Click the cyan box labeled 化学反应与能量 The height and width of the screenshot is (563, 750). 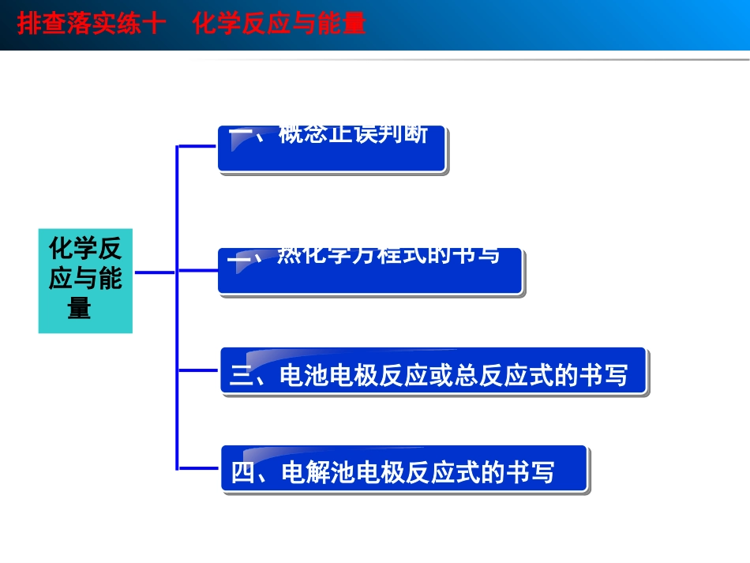85,280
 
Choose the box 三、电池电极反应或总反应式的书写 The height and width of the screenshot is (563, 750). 433,371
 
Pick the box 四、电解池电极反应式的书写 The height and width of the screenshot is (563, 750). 403,470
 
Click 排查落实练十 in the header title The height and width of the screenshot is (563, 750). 91,24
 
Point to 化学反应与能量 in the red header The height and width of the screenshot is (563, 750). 279,24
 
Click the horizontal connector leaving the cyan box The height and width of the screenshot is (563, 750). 154,272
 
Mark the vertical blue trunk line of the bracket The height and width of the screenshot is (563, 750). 178,308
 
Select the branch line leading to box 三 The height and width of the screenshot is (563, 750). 199,370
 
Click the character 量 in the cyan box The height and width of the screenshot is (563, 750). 79,308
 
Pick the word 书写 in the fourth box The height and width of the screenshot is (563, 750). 531,473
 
